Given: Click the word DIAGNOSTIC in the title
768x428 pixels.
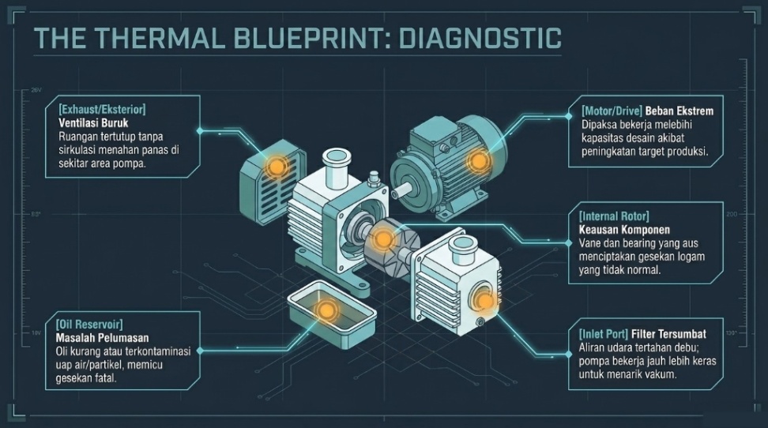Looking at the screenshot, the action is coord(480,39).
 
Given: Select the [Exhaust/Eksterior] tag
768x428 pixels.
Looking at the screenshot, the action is coord(102,109).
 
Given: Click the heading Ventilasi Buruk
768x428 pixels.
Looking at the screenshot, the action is coord(93,122).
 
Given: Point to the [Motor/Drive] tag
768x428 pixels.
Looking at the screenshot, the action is coord(612,111).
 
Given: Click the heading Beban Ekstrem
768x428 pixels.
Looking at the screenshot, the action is coord(680,111).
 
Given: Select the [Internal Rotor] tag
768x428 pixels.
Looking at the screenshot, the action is coord(614,216).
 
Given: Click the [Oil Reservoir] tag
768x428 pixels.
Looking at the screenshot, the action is coord(89,325).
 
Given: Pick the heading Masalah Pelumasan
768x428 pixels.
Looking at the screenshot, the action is coord(102,338).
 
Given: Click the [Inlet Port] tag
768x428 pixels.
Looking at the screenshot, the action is coord(603,335).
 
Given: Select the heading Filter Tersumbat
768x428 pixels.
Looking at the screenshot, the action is coord(668,335).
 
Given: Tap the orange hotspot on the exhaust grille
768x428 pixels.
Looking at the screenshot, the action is coord(275,167).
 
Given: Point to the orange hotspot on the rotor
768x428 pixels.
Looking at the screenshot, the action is coord(383,239).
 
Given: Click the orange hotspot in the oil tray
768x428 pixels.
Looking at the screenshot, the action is coord(324,310).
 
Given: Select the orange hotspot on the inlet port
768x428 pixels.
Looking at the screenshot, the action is coord(485,300).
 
